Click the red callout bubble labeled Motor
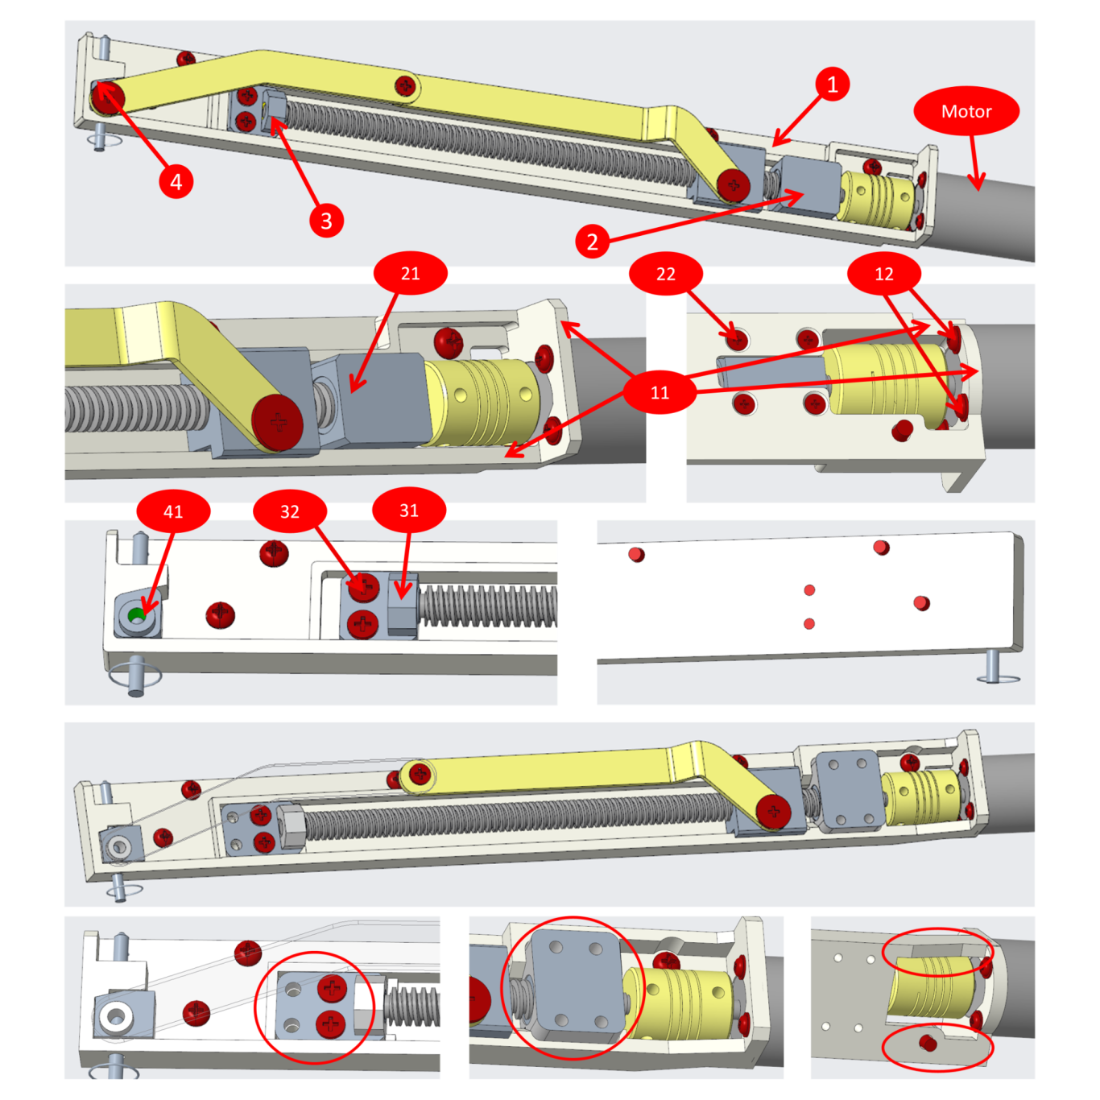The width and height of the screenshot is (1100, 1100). point(966,111)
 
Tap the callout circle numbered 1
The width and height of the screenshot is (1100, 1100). point(832,84)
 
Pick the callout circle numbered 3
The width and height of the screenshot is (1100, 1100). point(326,221)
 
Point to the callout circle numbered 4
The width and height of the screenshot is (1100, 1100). point(176,181)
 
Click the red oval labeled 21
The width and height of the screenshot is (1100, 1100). point(411,273)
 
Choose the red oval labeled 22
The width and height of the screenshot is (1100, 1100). point(666,274)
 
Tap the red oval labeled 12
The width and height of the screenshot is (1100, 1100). point(883,274)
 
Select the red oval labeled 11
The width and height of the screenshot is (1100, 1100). point(660,392)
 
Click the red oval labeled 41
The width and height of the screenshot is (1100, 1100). point(173,511)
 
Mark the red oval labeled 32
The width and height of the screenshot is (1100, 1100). point(290,511)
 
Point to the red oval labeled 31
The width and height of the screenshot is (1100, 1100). point(409,510)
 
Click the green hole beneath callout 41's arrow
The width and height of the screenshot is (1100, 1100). point(137,616)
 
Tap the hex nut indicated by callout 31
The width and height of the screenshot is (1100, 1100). point(403,606)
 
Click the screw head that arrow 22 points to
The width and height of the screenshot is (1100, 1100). point(738,341)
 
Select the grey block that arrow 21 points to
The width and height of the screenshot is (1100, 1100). point(383,399)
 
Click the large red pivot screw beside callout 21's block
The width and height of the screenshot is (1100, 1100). point(278,424)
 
